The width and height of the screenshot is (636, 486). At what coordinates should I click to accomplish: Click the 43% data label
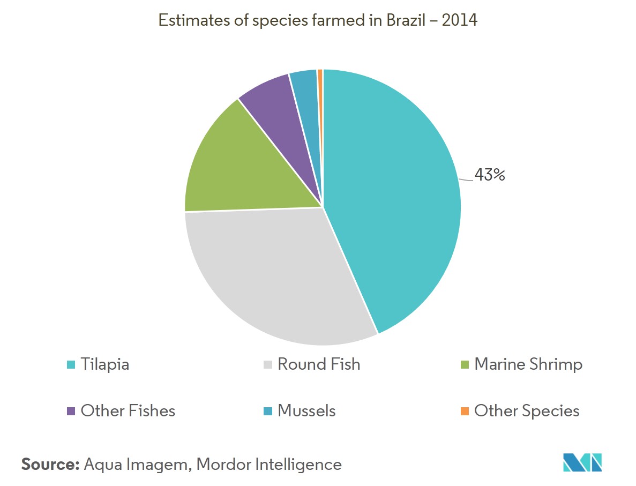490,175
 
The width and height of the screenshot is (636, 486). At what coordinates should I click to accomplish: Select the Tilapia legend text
105,365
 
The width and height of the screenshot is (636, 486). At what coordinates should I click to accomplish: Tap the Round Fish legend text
319,365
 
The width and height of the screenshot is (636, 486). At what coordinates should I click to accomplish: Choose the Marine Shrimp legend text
528,365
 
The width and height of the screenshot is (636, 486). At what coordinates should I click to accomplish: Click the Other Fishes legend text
128,411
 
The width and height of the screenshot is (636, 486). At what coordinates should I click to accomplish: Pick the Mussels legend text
306,411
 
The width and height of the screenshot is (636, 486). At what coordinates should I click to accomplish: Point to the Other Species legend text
527,411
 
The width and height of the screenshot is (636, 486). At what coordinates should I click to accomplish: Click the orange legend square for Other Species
465,411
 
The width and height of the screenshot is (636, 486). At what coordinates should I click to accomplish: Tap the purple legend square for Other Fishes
71,411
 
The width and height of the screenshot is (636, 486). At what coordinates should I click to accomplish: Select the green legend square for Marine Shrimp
465,365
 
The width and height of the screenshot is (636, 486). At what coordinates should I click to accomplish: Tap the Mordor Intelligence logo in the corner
582,462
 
